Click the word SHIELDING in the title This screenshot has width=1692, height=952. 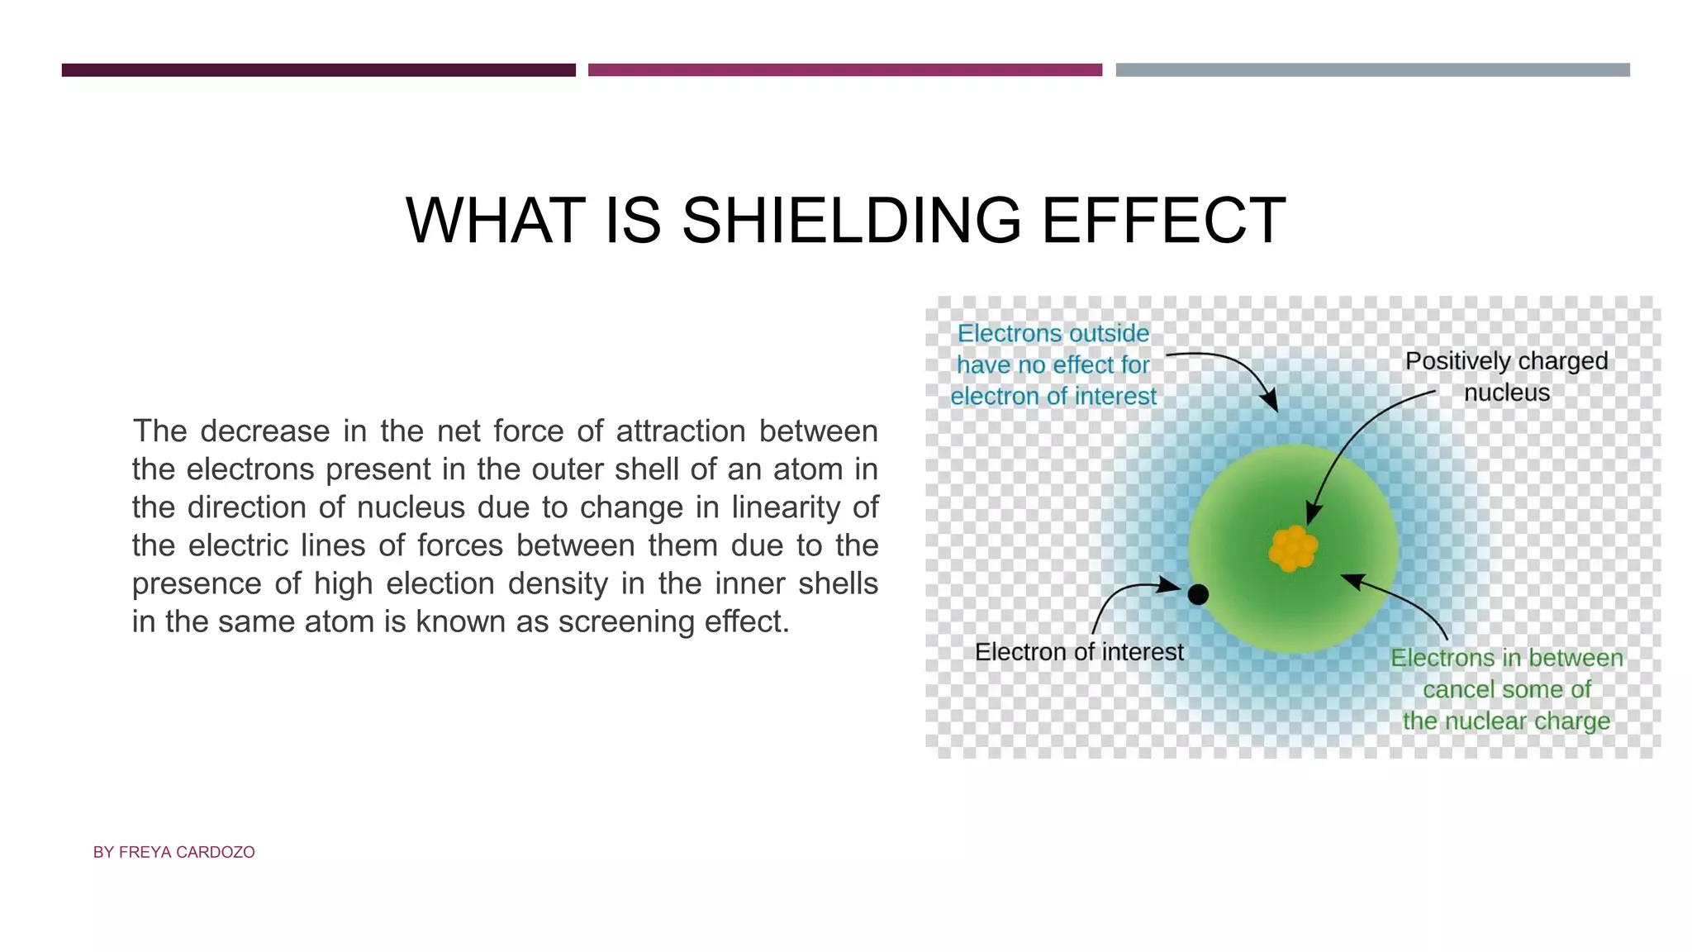[x=851, y=221]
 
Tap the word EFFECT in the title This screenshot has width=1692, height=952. [x=1162, y=221]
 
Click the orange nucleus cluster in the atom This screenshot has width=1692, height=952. [x=1293, y=548]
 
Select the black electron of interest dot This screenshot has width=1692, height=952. [x=1198, y=594]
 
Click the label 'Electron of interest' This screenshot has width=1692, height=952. [x=1078, y=652]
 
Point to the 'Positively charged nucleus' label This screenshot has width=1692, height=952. [x=1506, y=376]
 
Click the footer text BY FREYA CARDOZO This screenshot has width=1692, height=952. [x=173, y=852]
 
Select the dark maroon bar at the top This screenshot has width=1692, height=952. [x=318, y=70]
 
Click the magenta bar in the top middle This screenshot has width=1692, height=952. [x=844, y=70]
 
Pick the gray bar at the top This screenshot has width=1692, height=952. [x=1372, y=70]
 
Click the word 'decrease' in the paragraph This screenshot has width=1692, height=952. [x=264, y=431]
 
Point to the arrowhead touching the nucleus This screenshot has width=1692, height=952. [x=1312, y=514]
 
